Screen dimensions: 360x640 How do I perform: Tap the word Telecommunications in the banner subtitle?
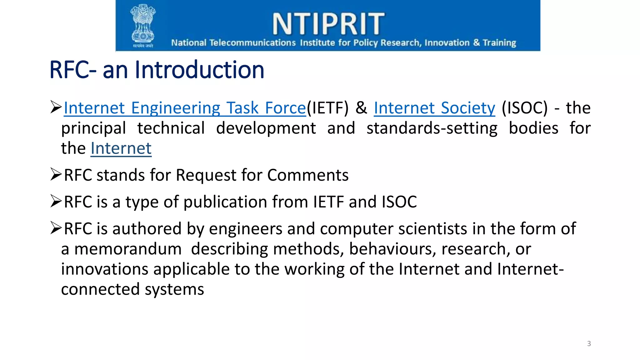[x=252, y=42]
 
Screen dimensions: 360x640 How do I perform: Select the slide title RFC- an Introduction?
[x=157, y=70]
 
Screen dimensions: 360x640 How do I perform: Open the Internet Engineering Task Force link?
[x=185, y=108]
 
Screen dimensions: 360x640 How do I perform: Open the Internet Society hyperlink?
[x=434, y=108]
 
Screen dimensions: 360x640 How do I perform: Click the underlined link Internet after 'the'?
[x=121, y=148]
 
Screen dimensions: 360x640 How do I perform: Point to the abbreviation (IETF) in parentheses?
[x=327, y=108]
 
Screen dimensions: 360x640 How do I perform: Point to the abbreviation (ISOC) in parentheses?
[x=525, y=108]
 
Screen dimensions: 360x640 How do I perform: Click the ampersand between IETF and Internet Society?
[x=361, y=108]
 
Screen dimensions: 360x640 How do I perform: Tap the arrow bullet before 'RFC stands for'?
[x=56, y=174]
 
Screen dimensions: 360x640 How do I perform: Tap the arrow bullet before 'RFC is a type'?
[x=56, y=201]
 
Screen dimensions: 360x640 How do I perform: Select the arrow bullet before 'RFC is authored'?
[x=56, y=228]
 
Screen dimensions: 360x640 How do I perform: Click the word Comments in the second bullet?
[x=308, y=175]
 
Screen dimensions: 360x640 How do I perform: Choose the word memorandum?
[x=128, y=249]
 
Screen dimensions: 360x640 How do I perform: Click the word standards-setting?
[x=432, y=128]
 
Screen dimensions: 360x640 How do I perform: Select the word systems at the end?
[x=174, y=289]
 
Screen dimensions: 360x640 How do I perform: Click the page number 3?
[x=589, y=344]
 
